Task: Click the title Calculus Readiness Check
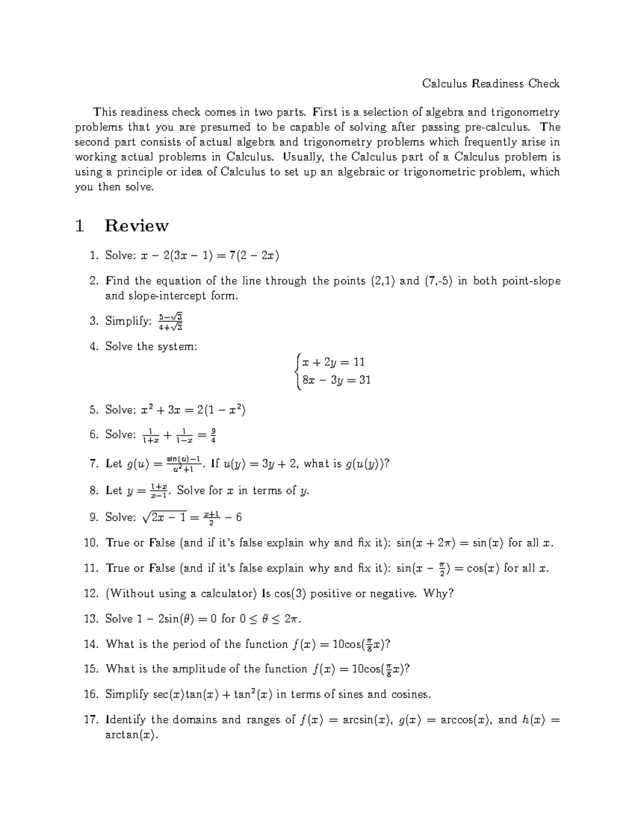point(491,84)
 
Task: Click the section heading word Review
point(137,226)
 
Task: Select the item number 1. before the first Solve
point(94,256)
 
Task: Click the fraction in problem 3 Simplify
point(170,321)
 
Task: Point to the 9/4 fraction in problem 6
point(213,436)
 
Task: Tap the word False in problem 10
point(162,543)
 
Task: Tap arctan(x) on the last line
point(132,735)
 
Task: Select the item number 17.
point(91,720)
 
